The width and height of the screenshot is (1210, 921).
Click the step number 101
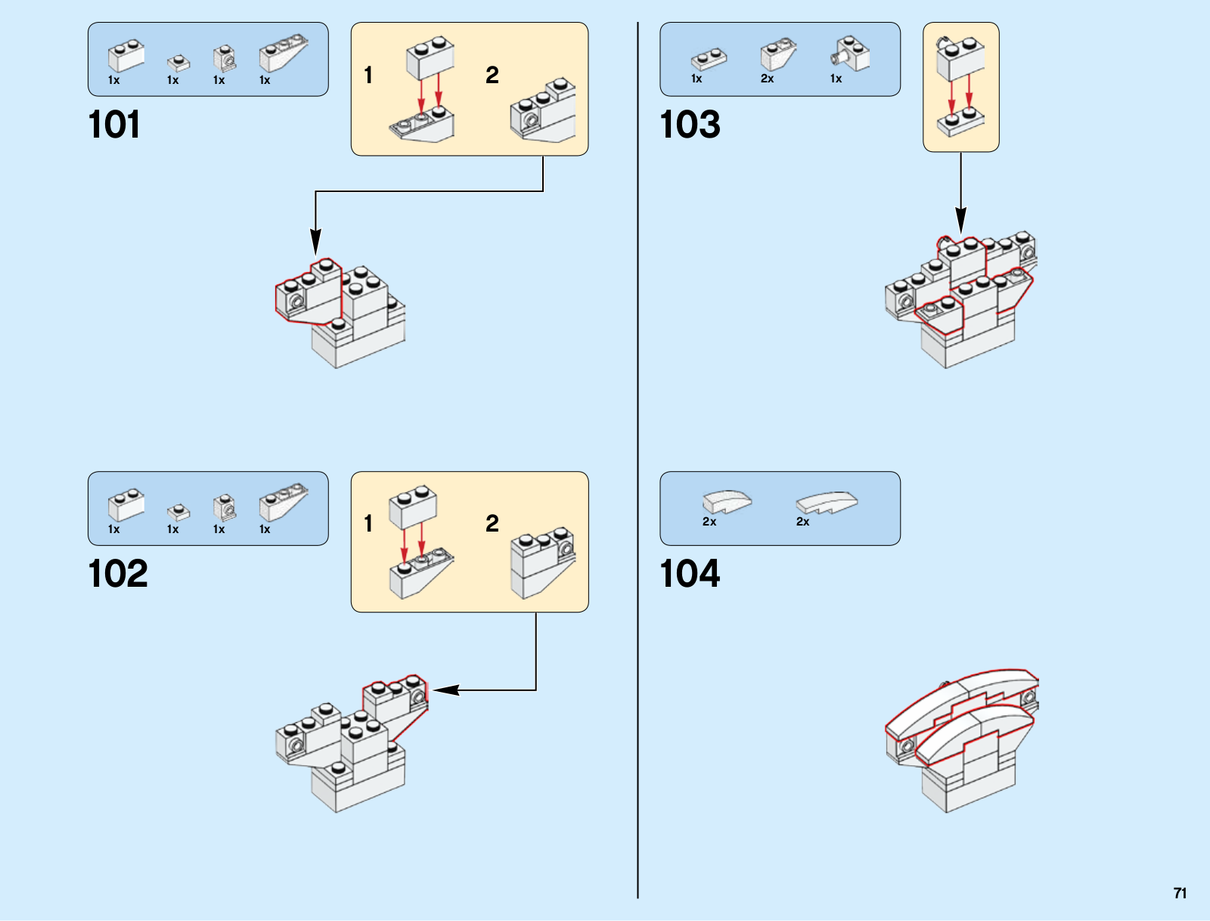114,125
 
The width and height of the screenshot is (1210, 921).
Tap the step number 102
118,574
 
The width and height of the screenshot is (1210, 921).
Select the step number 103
690,125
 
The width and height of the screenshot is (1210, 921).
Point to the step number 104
690,574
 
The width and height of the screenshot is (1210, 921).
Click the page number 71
1180,893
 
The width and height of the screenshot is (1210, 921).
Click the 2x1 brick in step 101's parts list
126,56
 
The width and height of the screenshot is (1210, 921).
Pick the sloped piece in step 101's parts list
283,53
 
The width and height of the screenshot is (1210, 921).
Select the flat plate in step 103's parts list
709,58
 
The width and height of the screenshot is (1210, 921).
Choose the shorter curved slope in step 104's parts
727,501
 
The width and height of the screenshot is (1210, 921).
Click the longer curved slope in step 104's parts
827,503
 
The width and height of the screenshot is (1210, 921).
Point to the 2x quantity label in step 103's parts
767,79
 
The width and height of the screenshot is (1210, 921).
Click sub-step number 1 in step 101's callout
368,76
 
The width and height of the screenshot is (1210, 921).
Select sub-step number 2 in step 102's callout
492,523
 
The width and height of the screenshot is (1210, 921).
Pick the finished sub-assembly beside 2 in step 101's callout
543,111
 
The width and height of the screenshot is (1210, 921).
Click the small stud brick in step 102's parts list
178,513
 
